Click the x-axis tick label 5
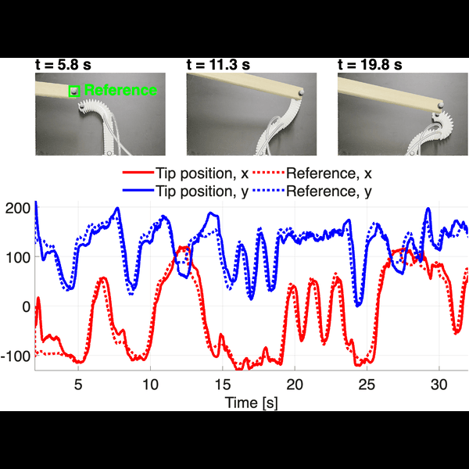[x=78, y=385]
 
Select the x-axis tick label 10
[x=150, y=385]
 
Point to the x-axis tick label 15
[x=223, y=385]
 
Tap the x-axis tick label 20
[x=295, y=385]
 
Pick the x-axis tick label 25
[x=367, y=385]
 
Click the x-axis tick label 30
[x=439, y=385]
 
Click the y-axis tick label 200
[x=18, y=208]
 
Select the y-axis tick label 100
[x=19, y=257]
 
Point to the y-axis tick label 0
[x=27, y=307]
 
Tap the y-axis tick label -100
[x=16, y=356]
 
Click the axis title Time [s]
[x=251, y=403]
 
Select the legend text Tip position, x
[x=202, y=174]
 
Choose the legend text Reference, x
[x=329, y=174]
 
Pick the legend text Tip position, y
[x=202, y=192]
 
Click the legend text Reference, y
[x=329, y=192]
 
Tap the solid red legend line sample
[x=138, y=173]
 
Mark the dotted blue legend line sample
[x=268, y=190]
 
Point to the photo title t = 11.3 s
[x=218, y=65]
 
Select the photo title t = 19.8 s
[x=370, y=65]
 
